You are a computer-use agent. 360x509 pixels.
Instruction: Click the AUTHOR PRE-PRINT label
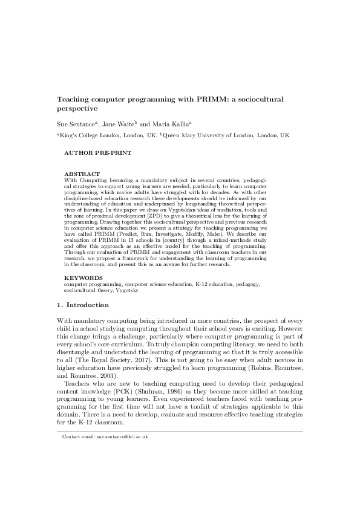coord(97,154)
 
